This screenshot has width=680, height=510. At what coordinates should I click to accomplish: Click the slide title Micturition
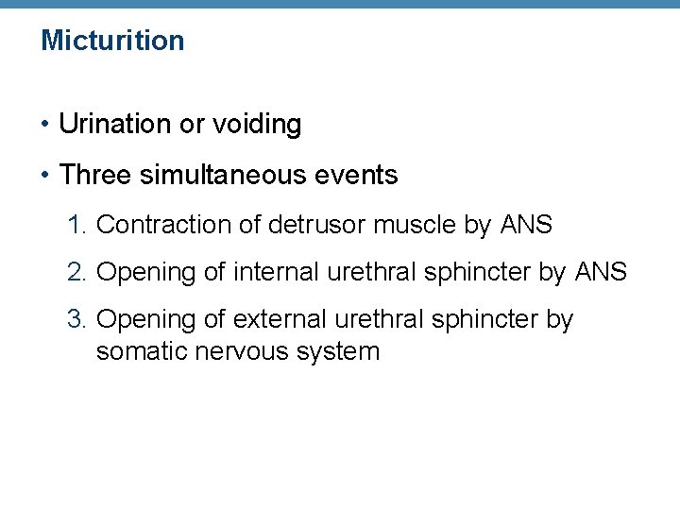pos(112,41)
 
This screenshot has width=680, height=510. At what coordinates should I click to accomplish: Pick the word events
pos(363,175)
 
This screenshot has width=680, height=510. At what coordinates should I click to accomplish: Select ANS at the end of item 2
pos(601,272)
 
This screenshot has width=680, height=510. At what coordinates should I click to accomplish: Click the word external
pos(280,320)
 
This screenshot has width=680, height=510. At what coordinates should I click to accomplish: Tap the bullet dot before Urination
pos(45,125)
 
